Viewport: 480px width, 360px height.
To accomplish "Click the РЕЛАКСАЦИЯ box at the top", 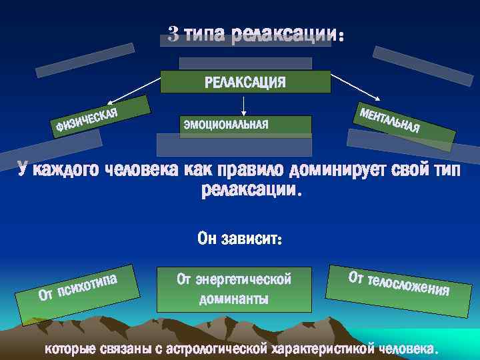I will [245, 82].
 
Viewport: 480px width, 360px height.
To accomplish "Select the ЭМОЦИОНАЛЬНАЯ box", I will [245, 125].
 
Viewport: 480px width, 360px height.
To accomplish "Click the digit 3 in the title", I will [173, 34].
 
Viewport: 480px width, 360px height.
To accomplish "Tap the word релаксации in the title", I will [284, 35].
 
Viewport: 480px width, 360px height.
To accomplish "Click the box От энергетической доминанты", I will [234, 289].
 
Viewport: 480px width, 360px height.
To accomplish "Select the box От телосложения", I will [398, 282].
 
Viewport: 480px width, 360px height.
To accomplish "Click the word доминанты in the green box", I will [234, 298].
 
